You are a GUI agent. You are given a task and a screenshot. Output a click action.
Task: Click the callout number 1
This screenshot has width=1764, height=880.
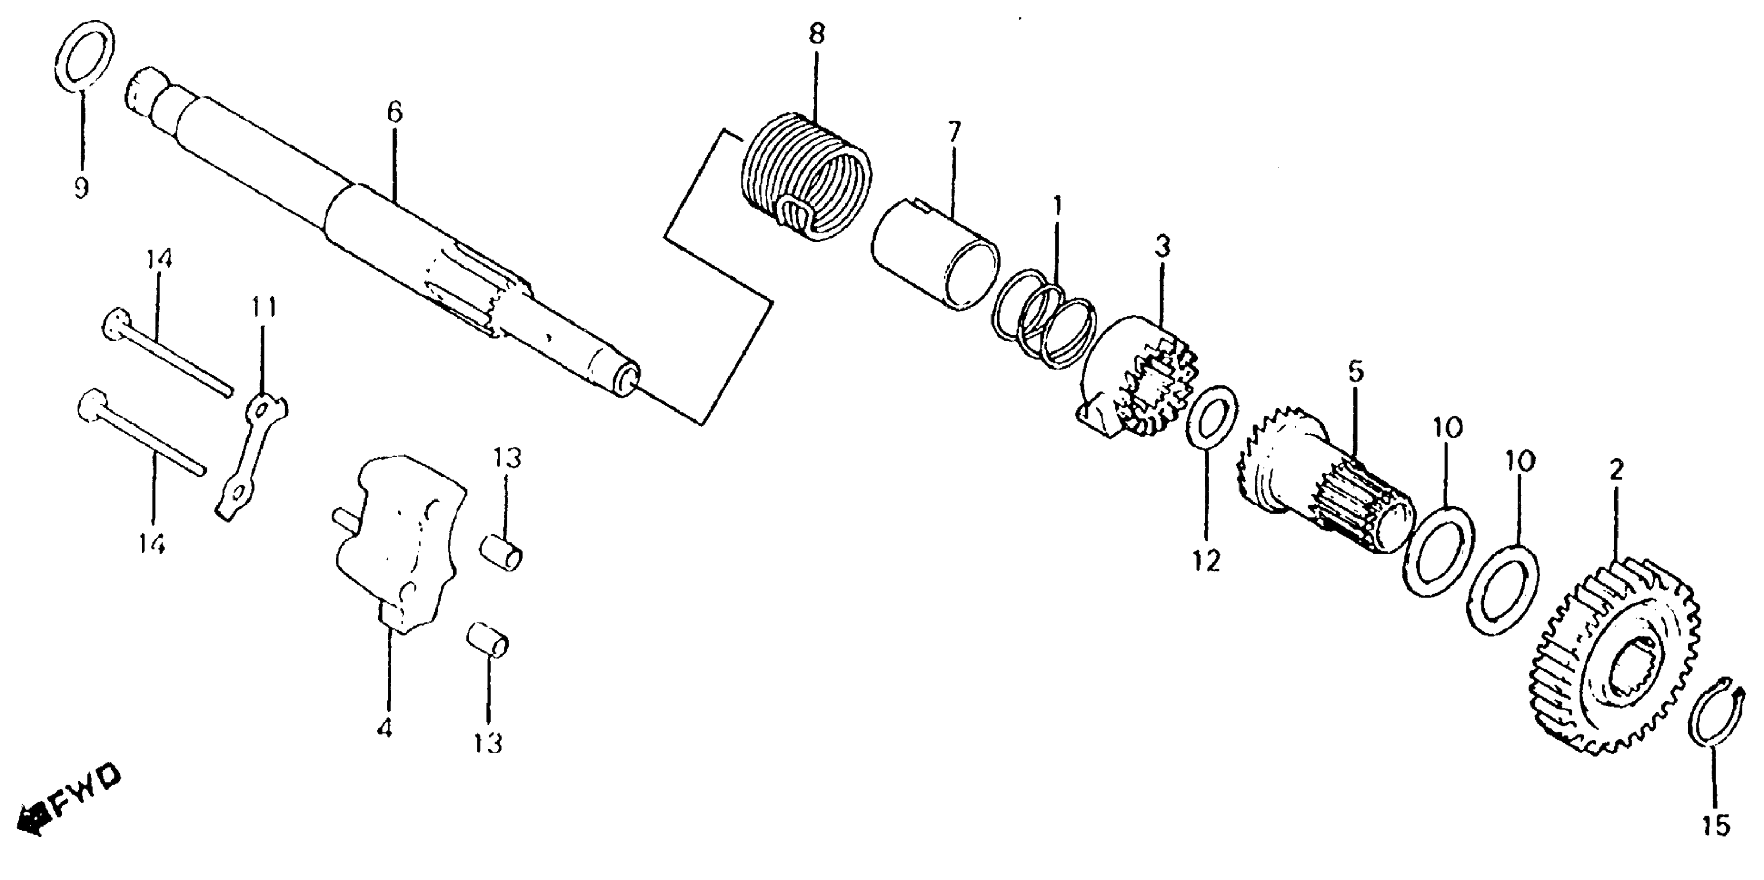(x=1057, y=206)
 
